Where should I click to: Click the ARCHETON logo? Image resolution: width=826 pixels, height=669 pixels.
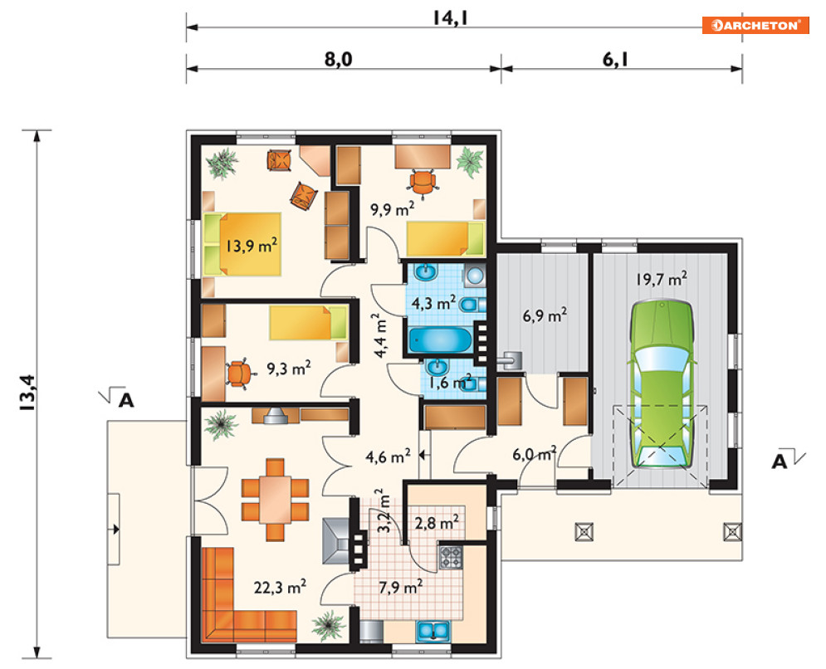pos(755,25)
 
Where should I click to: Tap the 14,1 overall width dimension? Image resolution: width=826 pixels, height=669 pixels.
pos(451,18)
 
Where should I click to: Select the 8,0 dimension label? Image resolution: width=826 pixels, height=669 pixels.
pos(338,60)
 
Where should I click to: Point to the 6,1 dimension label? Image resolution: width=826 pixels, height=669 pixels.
pos(615,60)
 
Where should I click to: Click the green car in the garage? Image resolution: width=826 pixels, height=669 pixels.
pos(662,384)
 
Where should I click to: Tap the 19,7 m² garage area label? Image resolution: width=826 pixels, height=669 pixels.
pos(661,278)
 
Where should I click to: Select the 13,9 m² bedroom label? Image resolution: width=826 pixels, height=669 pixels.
pos(252,246)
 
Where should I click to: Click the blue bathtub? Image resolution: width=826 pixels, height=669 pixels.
pos(440,339)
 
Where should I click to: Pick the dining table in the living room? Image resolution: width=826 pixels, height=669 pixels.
pos(275,500)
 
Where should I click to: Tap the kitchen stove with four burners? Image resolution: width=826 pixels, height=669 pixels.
pos(451,557)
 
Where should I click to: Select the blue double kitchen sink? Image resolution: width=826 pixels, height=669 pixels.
pos(433,631)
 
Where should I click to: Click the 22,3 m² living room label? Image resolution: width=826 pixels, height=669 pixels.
pos(281,587)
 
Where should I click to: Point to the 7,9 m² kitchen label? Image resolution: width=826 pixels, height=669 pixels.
pos(401,586)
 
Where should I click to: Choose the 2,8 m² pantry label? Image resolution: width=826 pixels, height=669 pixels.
pos(436,523)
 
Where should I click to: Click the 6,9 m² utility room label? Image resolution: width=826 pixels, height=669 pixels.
pos(545,316)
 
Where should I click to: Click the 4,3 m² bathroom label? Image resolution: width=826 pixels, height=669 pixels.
pos(433,304)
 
